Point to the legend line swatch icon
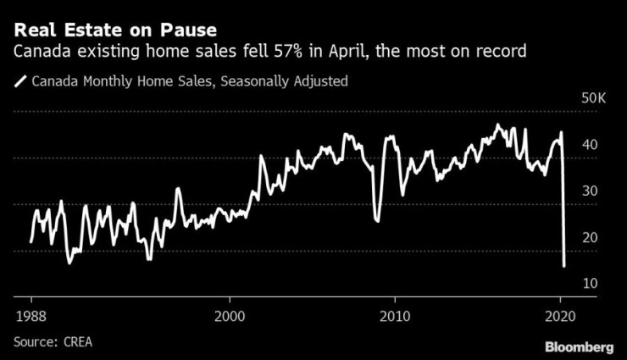20,82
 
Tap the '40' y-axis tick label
589,145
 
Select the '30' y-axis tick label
589,191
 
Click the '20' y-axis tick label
589,236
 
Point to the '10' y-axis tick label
589,282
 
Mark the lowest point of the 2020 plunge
563,266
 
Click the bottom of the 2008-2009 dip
376,221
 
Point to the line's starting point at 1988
31,242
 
